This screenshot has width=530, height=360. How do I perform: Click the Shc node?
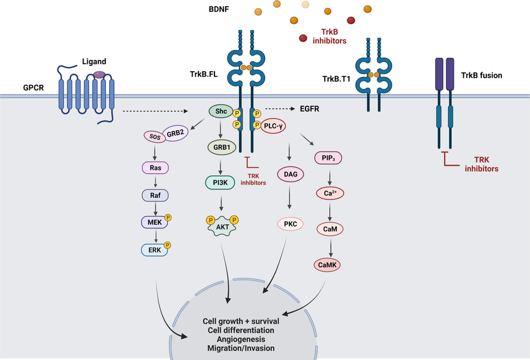point(220,111)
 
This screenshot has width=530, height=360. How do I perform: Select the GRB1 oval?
point(220,148)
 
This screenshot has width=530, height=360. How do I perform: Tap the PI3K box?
point(220,182)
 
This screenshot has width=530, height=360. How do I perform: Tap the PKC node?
point(290,223)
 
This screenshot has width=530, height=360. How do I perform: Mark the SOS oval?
point(153,135)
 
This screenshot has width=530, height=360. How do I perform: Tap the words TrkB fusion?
point(481,75)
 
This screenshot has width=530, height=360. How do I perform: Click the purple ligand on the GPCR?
point(99,75)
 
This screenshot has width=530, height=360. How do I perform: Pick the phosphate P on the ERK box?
point(168,244)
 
